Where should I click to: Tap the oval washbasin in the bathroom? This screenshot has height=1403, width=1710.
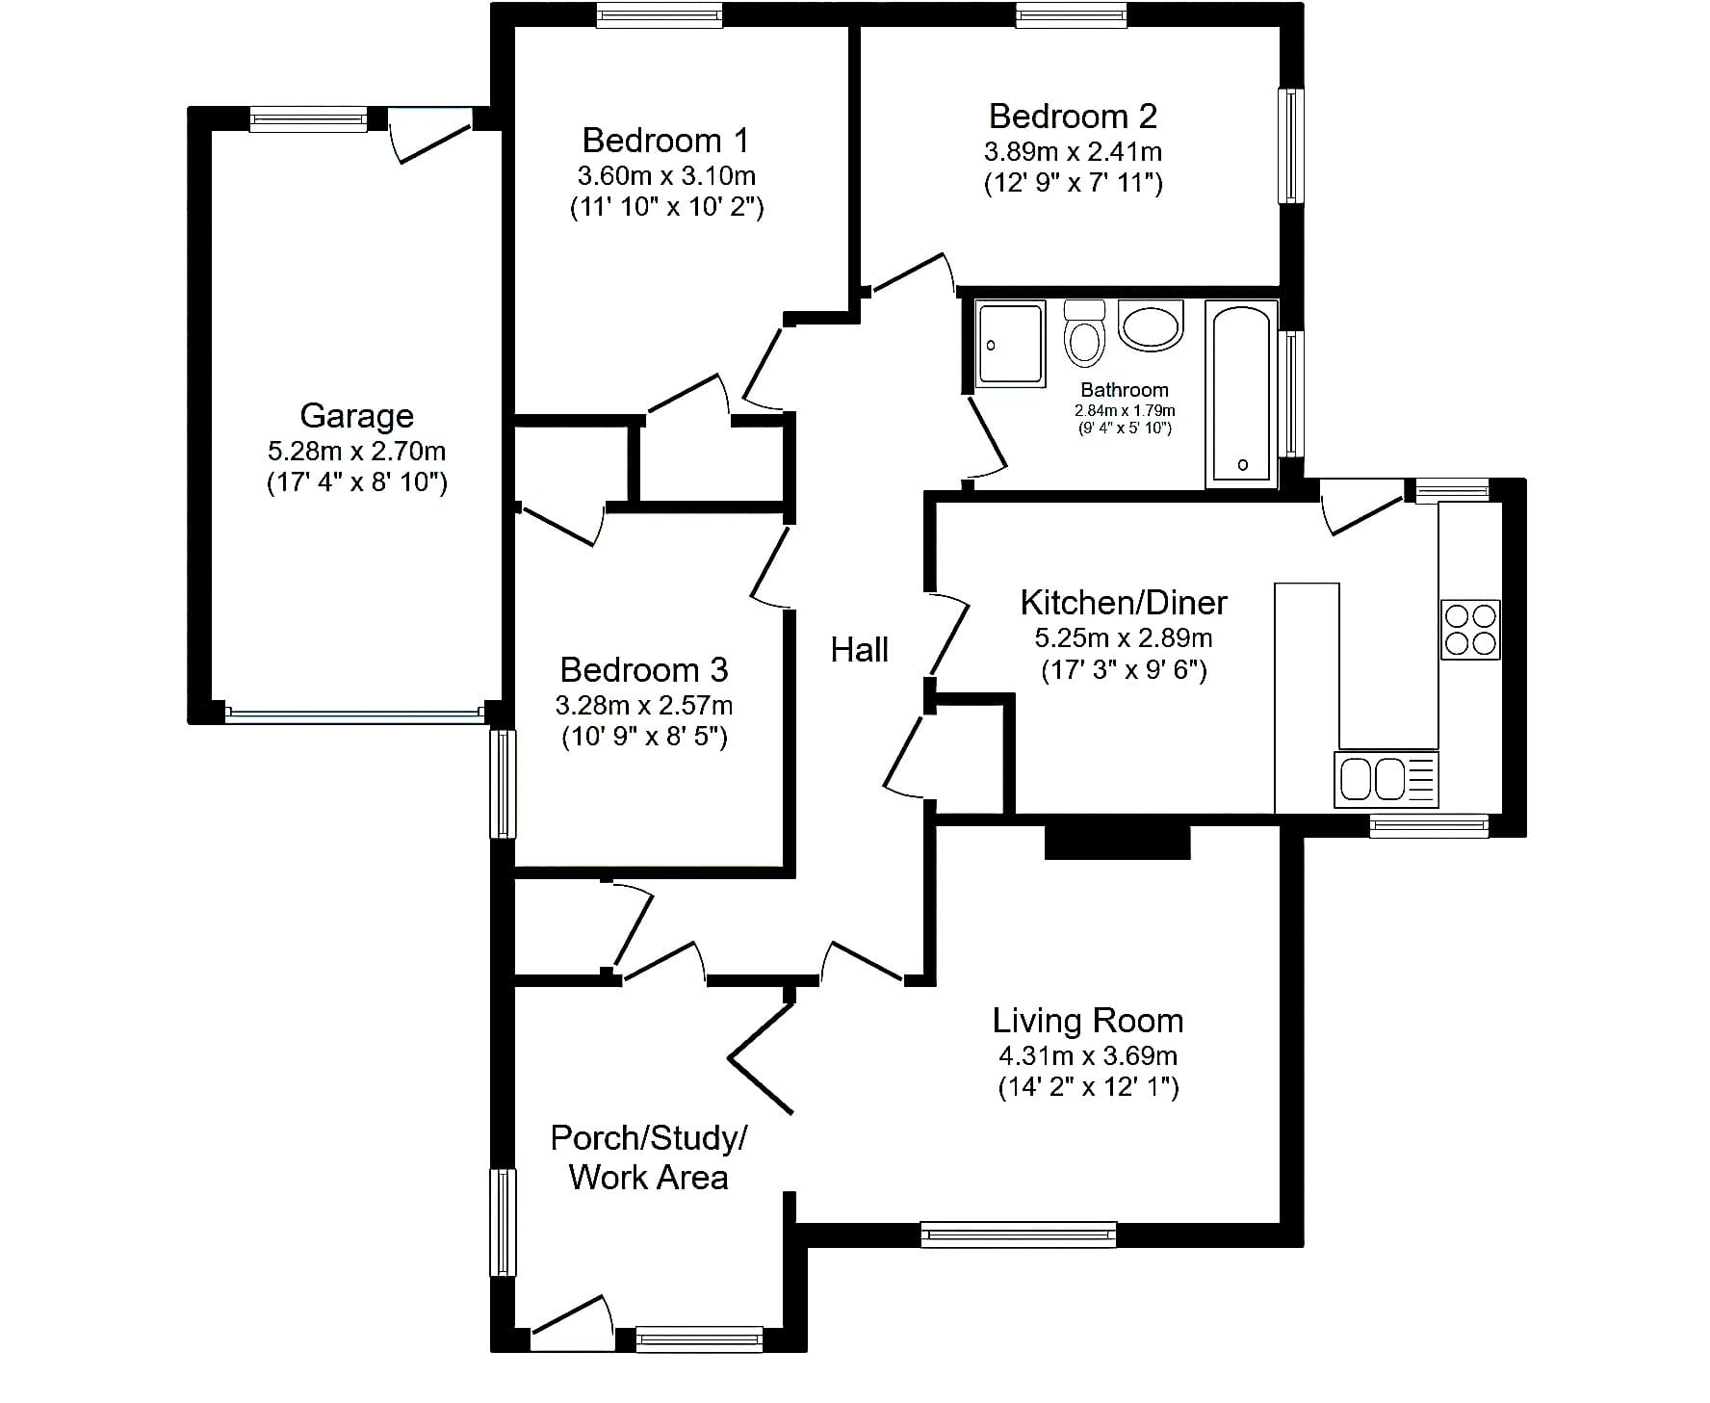tap(1150, 325)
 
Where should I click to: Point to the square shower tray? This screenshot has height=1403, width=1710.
tap(1010, 345)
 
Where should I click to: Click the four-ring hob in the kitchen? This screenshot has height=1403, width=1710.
tap(1470, 630)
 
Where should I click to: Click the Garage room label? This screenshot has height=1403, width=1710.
tap(356, 415)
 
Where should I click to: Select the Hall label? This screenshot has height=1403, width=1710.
tap(859, 650)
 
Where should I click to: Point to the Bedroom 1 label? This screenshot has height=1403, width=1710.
tap(665, 141)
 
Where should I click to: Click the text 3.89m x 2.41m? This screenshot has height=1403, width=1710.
tap(1073, 152)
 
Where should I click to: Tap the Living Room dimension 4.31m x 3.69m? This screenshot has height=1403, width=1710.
tap(1088, 1055)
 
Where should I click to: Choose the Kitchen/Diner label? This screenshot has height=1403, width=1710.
tap(1124, 603)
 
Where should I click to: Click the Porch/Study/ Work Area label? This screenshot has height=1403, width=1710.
tap(648, 1157)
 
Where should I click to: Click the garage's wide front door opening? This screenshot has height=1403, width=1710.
tap(353, 714)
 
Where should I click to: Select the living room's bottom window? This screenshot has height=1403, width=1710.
tap(1019, 1234)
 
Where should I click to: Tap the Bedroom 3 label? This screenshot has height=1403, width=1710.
tap(643, 670)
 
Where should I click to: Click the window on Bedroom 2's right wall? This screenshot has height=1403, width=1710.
tap(1291, 146)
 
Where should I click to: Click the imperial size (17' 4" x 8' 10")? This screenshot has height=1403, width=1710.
tap(356, 481)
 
